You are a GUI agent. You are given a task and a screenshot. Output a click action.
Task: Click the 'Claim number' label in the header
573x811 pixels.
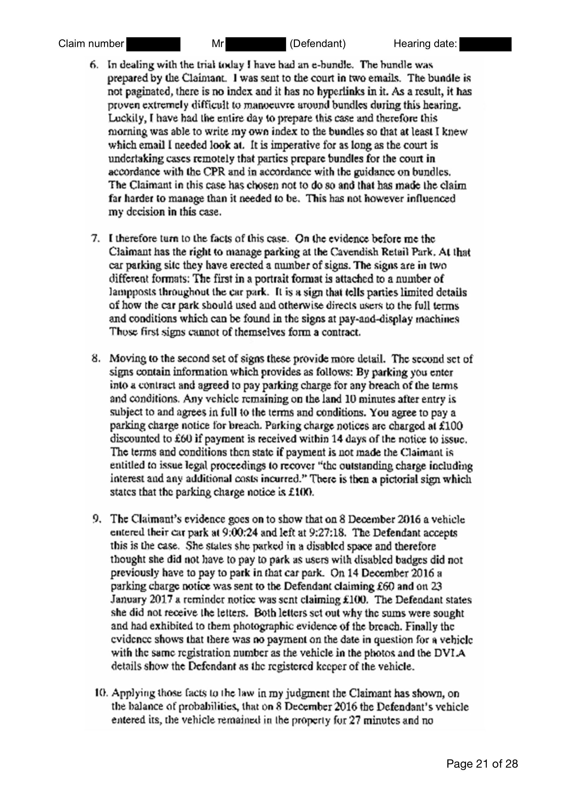point(91,44)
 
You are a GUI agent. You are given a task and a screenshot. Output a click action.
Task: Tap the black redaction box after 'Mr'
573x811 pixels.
point(255,44)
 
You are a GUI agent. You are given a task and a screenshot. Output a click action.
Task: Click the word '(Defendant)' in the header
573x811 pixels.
point(317,44)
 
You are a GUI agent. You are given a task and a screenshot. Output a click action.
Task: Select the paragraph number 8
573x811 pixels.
point(95,359)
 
